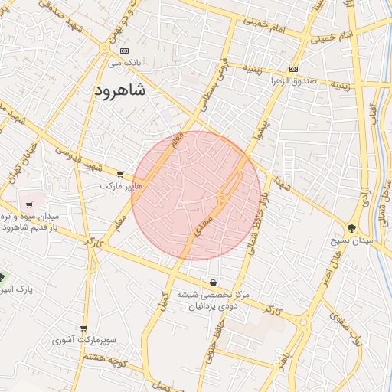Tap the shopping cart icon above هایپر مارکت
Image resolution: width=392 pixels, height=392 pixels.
(119, 174)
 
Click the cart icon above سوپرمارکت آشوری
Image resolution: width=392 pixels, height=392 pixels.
(83, 328)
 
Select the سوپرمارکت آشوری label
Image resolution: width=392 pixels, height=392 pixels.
(83, 339)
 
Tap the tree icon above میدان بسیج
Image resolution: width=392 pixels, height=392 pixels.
(351, 228)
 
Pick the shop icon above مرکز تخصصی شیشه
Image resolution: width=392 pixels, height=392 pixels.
(212, 283)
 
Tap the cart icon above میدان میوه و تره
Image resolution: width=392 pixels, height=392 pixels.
(29, 205)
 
